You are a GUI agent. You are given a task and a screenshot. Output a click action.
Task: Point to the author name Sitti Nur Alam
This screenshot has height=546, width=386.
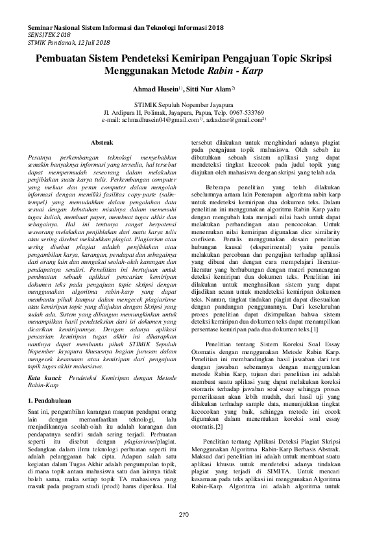pos(209,88)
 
